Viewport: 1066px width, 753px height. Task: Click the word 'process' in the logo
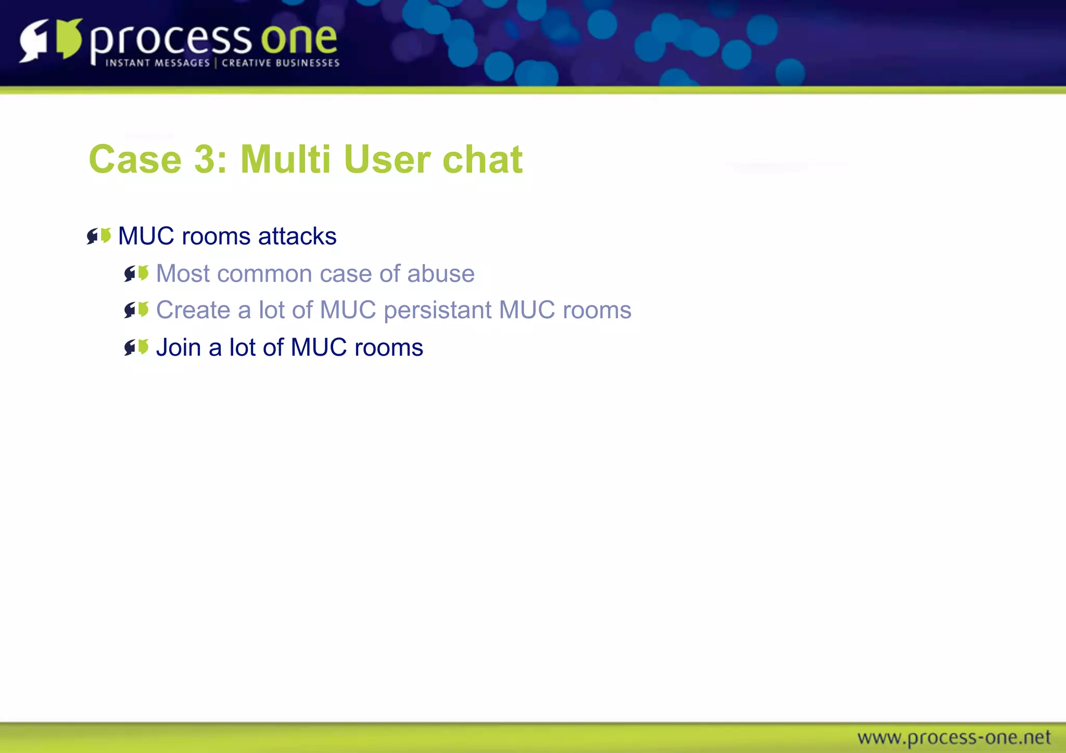(171, 41)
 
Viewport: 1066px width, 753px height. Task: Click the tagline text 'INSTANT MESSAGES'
(158, 63)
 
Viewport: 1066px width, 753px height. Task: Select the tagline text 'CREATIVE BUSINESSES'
(281, 63)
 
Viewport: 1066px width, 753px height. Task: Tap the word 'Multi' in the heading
(285, 159)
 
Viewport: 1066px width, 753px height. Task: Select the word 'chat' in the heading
(483, 159)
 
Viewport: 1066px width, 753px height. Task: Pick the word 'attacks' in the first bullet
(297, 236)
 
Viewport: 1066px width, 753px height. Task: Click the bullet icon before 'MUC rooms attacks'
(99, 236)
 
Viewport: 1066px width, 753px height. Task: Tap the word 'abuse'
(441, 274)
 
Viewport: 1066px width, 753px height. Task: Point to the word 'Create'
(193, 310)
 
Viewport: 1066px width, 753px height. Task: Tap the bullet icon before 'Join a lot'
(136, 347)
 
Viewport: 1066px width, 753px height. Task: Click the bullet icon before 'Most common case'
(136, 274)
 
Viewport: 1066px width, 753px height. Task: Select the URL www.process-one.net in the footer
(954, 737)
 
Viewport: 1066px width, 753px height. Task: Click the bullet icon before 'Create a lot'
(136, 310)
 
